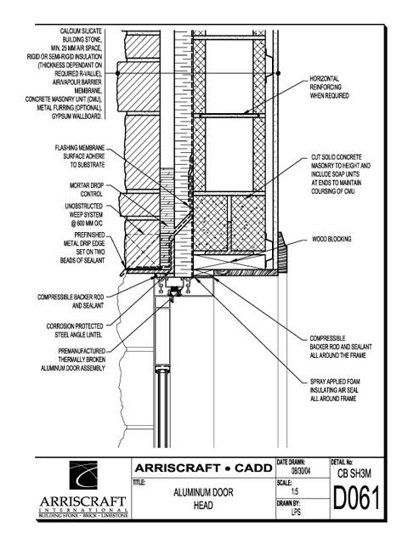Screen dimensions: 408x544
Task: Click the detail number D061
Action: coord(356,498)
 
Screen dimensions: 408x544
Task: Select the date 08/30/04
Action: coord(301,472)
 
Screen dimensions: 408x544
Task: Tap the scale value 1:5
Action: coord(295,491)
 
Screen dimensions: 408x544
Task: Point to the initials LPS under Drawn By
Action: coord(296,512)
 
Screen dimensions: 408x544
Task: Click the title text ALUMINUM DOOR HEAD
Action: coord(203,499)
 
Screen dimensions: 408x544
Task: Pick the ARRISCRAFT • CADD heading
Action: coord(203,468)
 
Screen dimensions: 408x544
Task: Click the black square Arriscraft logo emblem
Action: coord(83,475)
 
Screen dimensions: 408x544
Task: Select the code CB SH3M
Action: coord(354,473)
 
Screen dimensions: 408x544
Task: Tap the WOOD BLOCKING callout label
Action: coord(331,239)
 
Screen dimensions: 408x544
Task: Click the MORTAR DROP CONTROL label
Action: coord(87,190)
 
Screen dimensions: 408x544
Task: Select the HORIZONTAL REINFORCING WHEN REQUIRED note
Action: coord(329,87)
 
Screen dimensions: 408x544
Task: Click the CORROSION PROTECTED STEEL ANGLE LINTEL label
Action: coord(75,331)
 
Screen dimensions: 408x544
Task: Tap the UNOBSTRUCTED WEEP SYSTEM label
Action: coord(84,215)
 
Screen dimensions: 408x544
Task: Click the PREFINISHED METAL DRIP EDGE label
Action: coord(82,247)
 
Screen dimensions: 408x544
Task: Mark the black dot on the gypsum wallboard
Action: coord(278,73)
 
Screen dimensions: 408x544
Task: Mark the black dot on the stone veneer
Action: coord(117,73)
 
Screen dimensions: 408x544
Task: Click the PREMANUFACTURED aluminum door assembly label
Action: coord(73,360)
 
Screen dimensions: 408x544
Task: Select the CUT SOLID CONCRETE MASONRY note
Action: coord(341,174)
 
